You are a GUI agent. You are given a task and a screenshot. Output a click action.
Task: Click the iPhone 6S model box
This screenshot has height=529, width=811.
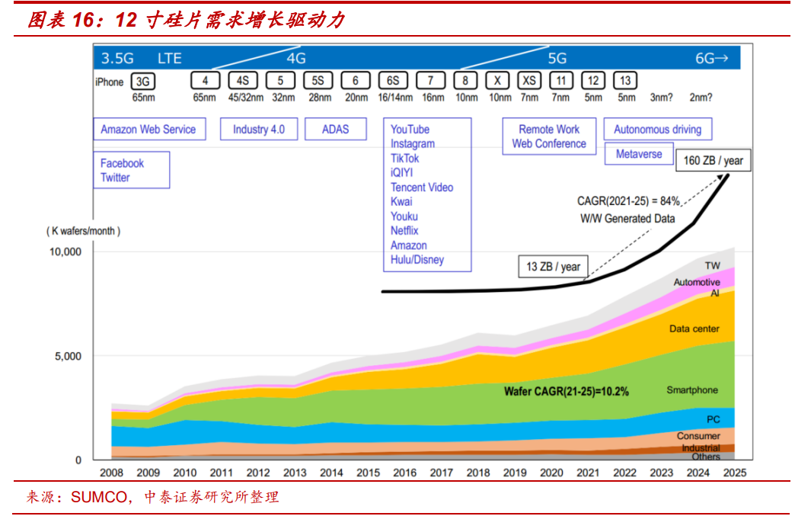393,81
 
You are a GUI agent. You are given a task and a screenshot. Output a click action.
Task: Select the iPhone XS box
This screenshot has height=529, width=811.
528,81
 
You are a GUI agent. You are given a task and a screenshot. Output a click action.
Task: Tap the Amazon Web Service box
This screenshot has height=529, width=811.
148,129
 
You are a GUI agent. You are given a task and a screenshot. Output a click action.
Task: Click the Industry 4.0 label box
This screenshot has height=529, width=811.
259,129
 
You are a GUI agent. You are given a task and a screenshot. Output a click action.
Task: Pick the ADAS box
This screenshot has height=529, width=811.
335,129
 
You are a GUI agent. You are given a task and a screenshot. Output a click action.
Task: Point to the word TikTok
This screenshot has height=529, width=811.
404,159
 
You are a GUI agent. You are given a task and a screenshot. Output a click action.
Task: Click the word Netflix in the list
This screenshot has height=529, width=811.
404,231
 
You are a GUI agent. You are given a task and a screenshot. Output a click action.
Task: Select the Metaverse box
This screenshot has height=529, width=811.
639,154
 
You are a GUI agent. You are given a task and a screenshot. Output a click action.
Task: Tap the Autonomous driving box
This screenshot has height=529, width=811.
657,129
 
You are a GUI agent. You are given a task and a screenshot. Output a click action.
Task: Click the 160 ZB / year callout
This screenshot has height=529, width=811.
713,161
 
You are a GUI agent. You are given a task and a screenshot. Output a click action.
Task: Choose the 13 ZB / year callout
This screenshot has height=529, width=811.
553,267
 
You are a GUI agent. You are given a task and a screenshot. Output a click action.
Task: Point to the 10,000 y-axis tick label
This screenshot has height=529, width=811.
66,252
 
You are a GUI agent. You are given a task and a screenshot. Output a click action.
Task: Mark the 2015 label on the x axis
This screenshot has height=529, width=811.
369,473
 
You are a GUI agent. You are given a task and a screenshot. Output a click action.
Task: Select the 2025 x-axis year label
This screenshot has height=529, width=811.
735,473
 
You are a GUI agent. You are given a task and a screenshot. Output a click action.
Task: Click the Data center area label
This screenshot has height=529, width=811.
694,329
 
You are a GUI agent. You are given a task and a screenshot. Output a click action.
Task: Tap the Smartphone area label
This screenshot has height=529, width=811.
692,390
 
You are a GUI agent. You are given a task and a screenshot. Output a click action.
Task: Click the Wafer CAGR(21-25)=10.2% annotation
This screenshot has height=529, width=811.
566,392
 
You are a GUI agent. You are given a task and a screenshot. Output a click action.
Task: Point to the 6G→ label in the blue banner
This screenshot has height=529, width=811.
712,58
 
